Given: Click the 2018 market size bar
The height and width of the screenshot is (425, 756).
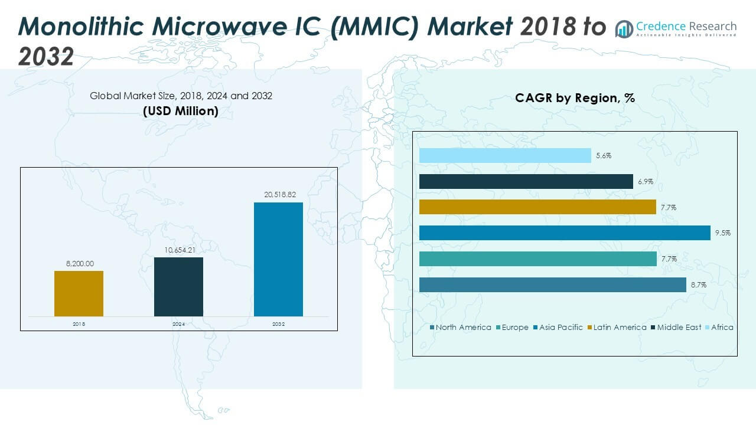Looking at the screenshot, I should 79,293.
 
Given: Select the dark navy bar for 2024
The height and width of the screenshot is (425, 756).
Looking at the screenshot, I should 178,286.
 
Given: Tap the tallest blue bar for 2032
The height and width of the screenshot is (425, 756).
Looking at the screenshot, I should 278,259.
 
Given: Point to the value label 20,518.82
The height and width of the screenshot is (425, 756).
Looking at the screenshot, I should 278,194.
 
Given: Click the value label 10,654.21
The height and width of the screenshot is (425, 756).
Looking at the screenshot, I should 178,250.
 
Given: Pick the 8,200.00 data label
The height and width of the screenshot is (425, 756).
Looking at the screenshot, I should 79,263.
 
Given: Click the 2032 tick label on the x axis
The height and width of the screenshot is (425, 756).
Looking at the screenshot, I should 278,324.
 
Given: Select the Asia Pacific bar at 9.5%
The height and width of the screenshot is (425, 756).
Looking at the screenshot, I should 565,233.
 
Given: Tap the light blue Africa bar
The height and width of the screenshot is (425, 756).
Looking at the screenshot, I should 505,155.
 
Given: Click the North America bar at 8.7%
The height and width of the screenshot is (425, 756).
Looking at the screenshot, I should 553,285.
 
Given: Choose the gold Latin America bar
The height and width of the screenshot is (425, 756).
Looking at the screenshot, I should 537,207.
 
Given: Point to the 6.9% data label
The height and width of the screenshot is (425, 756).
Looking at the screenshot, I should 645,182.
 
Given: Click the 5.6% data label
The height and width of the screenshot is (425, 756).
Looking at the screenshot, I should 603,156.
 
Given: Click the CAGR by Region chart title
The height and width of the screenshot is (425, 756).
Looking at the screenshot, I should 575,98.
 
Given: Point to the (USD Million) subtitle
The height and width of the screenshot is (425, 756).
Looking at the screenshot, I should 181,111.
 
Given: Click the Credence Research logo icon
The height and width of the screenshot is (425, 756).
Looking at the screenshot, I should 624,28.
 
